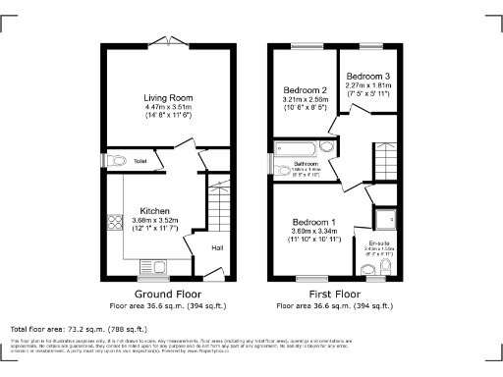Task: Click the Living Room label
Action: [x=167, y=98]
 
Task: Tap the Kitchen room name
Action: [x=155, y=211]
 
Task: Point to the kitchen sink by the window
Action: [x=154, y=262]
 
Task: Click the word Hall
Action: [x=217, y=247]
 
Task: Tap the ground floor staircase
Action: [x=218, y=207]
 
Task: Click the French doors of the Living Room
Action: [x=168, y=40]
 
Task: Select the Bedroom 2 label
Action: [x=305, y=88]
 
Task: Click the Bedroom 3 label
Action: [x=370, y=76]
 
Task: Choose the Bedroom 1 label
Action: [x=314, y=221]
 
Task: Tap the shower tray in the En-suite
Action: [x=381, y=218]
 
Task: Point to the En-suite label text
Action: [x=379, y=242]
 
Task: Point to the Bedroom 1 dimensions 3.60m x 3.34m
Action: [x=314, y=231]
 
